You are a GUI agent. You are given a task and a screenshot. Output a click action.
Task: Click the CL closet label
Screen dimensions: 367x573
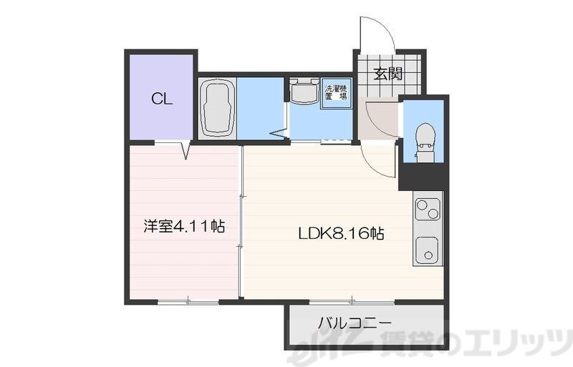(x=162, y=99)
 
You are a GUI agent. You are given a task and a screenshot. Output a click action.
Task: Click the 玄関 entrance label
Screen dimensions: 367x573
(x=387, y=74)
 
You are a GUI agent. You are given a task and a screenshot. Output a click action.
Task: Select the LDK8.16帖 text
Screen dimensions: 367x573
(x=341, y=233)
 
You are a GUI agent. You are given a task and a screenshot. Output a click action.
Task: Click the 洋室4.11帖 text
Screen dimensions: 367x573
(x=184, y=227)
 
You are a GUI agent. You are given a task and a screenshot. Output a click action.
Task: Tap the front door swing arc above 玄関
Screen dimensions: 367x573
(x=377, y=32)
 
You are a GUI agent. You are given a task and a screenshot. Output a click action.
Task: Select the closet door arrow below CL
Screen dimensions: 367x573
(x=186, y=151)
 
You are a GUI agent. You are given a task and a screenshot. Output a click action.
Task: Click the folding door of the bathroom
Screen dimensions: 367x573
(x=280, y=133)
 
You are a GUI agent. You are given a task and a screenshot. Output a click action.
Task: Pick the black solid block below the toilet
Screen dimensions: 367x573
(x=422, y=176)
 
